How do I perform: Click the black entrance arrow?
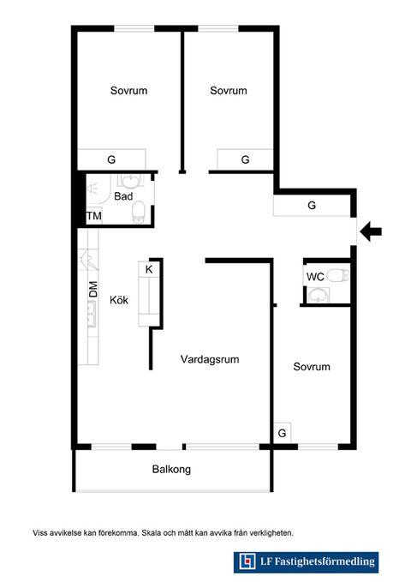[x=371, y=231]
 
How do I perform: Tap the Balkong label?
[x=171, y=469]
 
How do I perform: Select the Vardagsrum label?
[x=210, y=359]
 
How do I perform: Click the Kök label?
[x=119, y=300]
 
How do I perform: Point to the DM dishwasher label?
[x=93, y=289]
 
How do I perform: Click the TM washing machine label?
[x=94, y=216]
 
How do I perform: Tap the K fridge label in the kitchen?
[x=149, y=269]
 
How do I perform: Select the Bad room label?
[x=123, y=196]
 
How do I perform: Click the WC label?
[x=315, y=277]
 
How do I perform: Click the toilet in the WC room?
[x=338, y=275]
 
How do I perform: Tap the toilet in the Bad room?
[x=139, y=212]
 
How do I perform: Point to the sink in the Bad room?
[x=130, y=181]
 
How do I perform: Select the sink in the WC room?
[x=319, y=296]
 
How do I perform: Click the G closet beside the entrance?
[x=312, y=205]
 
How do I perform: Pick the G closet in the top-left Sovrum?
[x=111, y=159]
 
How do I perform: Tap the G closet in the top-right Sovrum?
[x=245, y=159]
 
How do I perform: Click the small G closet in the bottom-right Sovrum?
[x=282, y=433]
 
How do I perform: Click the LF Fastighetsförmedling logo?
[x=306, y=562]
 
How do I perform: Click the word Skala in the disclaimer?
[x=152, y=533]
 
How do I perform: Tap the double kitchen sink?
[x=92, y=314]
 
